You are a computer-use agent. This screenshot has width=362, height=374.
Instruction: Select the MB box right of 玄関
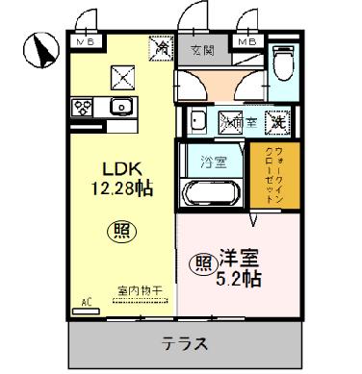(247, 41)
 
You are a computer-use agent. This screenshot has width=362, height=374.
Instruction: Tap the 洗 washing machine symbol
(276, 122)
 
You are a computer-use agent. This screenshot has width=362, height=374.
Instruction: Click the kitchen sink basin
(120, 107)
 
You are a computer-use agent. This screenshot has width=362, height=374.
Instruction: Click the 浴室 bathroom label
(212, 161)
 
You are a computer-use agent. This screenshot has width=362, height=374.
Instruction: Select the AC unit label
(86, 302)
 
